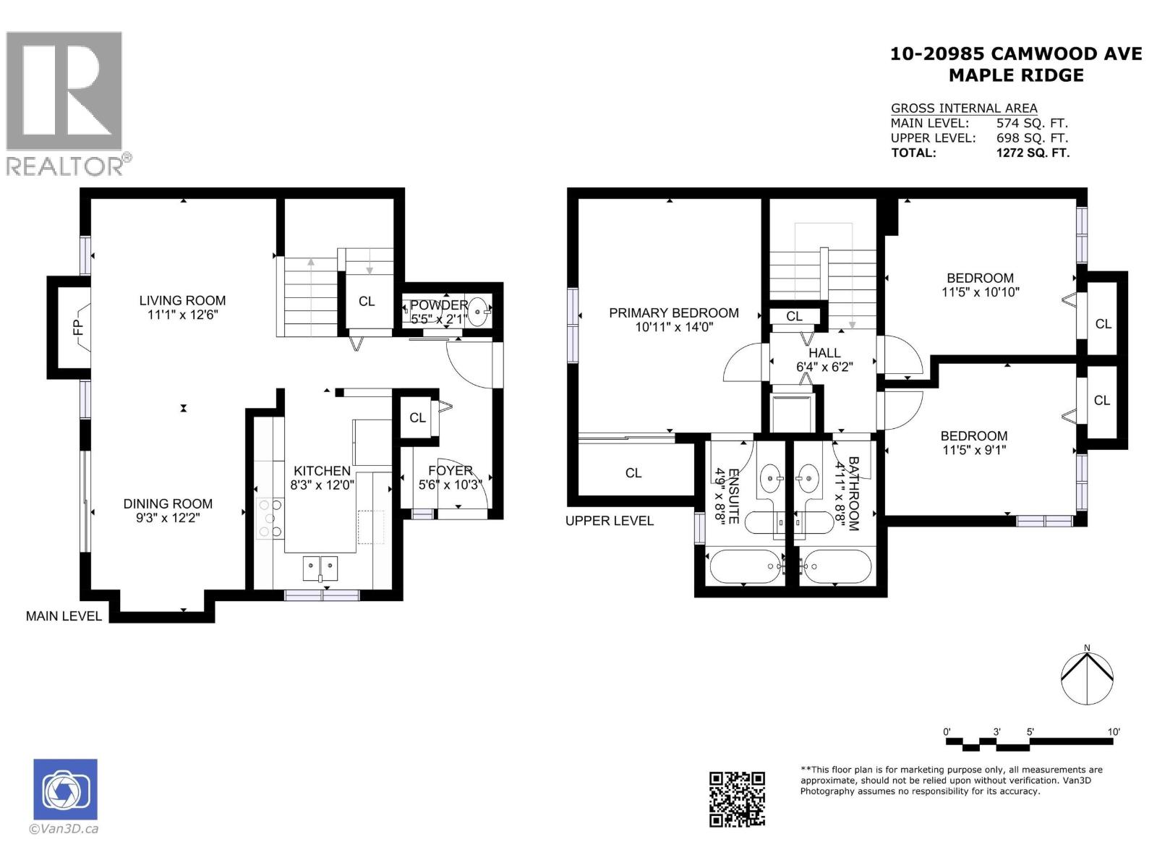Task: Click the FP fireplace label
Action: point(78,328)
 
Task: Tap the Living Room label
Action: point(182,300)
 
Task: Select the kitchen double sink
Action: point(320,567)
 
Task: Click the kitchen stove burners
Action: point(269,517)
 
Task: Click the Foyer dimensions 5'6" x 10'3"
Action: point(450,485)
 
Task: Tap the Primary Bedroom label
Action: point(673,312)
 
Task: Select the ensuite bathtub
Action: point(746,566)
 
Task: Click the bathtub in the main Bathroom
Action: point(837,566)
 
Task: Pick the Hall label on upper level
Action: point(824,353)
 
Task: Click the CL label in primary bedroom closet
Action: point(633,473)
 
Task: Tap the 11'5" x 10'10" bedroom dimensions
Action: point(980,292)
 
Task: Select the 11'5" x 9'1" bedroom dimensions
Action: point(973,450)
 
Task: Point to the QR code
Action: point(737,799)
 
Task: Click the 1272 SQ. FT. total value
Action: point(1032,153)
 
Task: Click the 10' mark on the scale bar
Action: point(1114,732)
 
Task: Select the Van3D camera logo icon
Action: point(65,790)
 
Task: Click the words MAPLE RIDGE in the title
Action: point(1016,75)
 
